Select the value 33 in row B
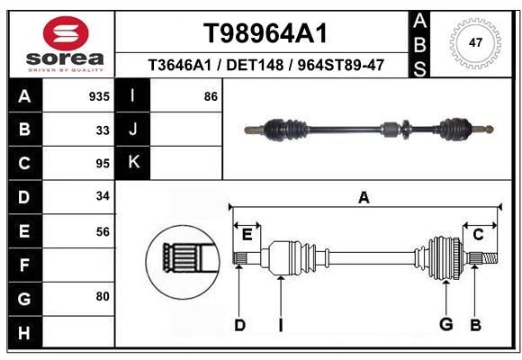pyautogui.click(x=103, y=130)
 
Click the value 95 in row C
pyautogui.click(x=103, y=164)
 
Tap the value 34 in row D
pyautogui.click(x=103, y=196)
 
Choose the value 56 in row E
pyautogui.click(x=103, y=231)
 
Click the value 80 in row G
pyautogui.click(x=103, y=296)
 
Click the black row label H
pyautogui.click(x=24, y=332)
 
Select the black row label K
pyautogui.click(x=134, y=163)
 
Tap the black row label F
pyautogui.click(x=24, y=265)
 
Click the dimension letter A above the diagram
pyautogui.click(x=364, y=198)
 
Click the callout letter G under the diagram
pyautogui.click(x=445, y=325)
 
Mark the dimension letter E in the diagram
pyautogui.click(x=247, y=234)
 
